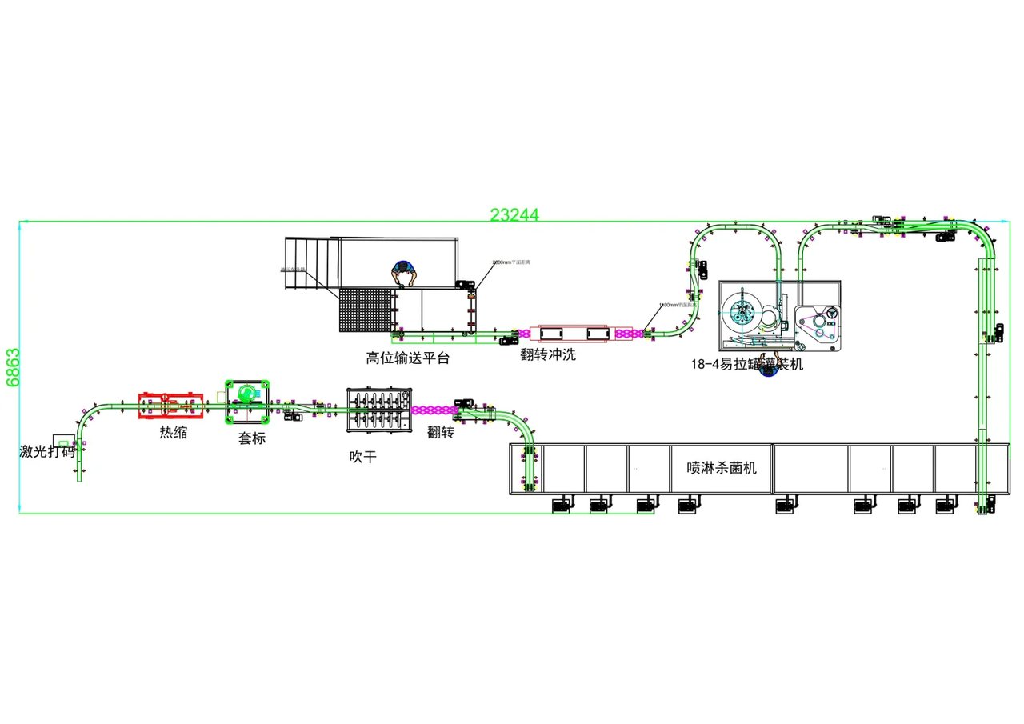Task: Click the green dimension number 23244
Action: coord(514,214)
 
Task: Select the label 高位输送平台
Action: coord(408,358)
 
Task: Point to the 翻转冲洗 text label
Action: coord(548,354)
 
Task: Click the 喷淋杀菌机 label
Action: coord(722,468)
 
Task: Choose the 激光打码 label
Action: coord(47,451)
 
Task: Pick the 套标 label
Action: coord(252,438)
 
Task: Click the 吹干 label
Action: coord(362,457)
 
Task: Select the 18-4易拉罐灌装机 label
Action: coord(746,365)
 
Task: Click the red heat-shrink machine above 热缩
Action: coord(169,405)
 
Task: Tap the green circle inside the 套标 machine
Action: coord(246,393)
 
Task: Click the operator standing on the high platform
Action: coord(404,272)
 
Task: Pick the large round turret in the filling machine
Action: coord(742,311)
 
